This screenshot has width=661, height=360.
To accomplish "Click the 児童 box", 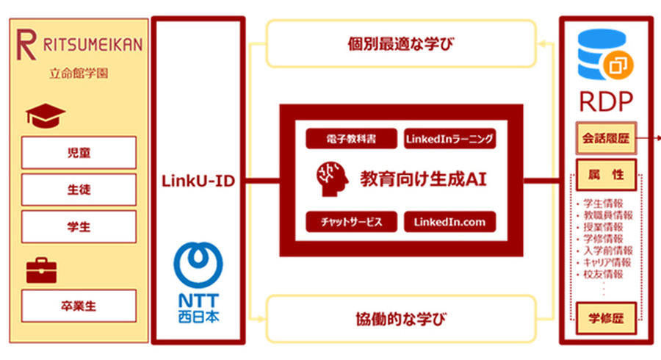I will coord(79,153).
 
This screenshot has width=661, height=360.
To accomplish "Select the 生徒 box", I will coord(79,190).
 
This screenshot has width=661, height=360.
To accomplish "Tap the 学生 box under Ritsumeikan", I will coord(79,226).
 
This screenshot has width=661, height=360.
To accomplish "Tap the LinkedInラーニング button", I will coord(449,138).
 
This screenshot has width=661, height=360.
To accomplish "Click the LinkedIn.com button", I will coord(449,222).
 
